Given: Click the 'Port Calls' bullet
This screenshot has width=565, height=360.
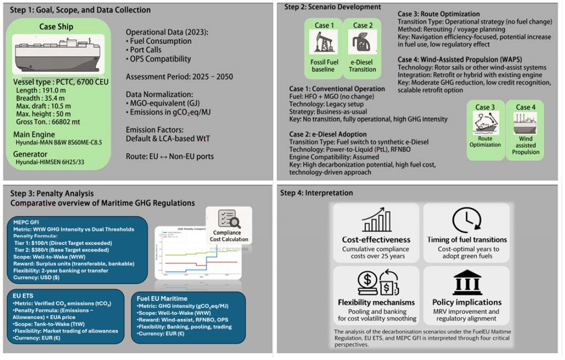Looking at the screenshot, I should [145, 50].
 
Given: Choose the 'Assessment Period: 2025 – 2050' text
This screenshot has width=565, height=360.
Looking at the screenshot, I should [179, 77].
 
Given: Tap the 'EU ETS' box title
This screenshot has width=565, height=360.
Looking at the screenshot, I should [25, 295].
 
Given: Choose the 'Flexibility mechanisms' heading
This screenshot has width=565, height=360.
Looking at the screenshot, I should [376, 302].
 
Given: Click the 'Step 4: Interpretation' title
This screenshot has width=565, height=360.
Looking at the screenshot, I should [316, 193].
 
